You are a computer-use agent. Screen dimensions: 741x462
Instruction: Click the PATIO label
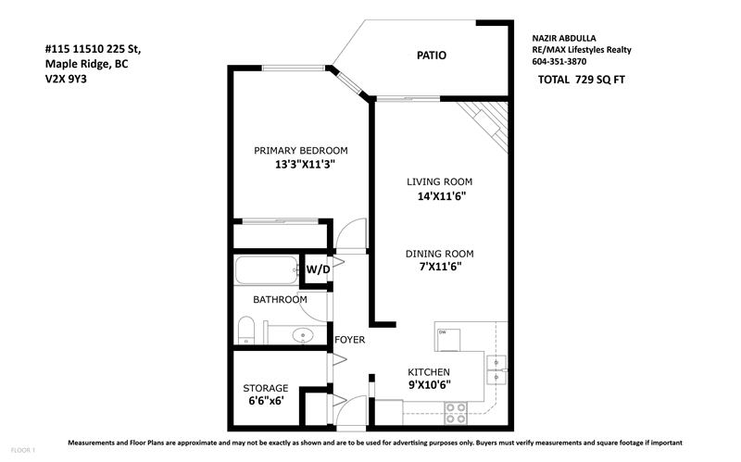click(431, 56)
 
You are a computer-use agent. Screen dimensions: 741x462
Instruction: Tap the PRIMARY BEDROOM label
click(300, 151)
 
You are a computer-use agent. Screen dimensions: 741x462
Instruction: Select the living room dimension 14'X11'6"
click(442, 196)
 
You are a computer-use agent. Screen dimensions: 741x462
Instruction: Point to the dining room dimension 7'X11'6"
click(440, 267)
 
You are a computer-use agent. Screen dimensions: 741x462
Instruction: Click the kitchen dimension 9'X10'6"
click(429, 384)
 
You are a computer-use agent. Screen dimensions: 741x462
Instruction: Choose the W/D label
click(318, 269)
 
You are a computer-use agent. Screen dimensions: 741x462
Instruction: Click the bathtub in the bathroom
click(267, 270)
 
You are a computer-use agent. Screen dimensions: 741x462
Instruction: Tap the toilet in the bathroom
click(245, 331)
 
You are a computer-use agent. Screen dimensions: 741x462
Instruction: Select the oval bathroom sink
click(303, 335)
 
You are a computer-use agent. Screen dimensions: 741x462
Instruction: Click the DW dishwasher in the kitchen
click(448, 340)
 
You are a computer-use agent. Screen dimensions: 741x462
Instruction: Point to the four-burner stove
click(456, 413)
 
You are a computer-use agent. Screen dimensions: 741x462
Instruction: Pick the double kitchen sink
click(496, 370)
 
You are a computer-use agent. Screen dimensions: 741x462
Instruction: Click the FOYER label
click(350, 340)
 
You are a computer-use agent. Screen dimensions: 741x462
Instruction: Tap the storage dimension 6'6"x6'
click(266, 401)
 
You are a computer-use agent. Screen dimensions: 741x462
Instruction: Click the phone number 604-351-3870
click(559, 61)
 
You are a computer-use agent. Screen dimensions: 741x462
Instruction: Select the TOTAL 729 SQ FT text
click(582, 80)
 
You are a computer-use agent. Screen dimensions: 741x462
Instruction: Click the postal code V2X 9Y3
click(66, 79)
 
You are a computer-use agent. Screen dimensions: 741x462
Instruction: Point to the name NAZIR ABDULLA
click(564, 38)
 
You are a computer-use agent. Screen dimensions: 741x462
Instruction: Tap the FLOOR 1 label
click(22, 450)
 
